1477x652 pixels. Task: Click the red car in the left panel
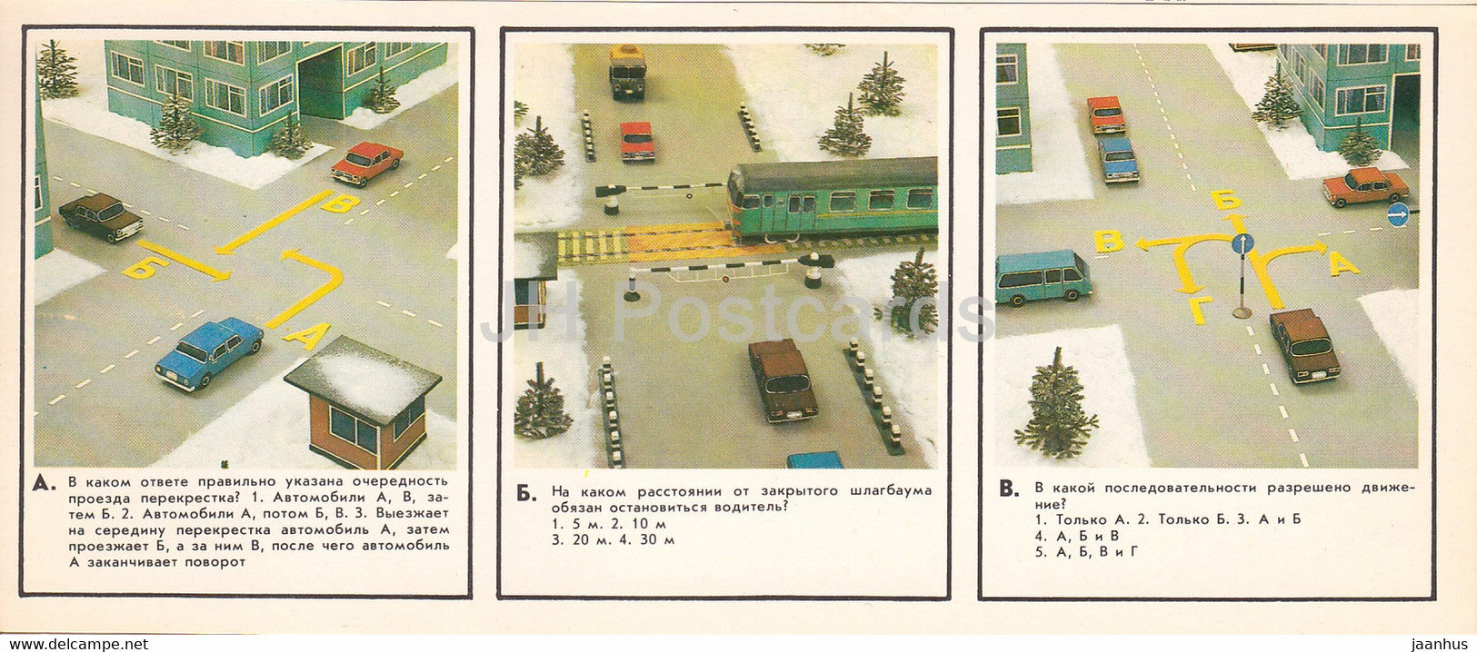pos(367,163)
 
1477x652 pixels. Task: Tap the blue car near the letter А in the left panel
pos(210,351)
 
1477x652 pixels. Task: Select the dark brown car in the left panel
pos(102,216)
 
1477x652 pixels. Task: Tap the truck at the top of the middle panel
pos(627,71)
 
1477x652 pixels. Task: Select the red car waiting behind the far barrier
pos(637,142)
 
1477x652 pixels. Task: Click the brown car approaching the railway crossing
pos(783,380)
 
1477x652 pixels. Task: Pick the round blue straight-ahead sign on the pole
pos(1242,243)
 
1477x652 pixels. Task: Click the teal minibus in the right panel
pos(1042,277)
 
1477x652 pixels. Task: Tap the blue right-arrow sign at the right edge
pos(1398,214)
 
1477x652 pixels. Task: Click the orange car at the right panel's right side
pos(1364,186)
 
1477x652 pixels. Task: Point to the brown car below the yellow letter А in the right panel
pos(1304,344)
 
